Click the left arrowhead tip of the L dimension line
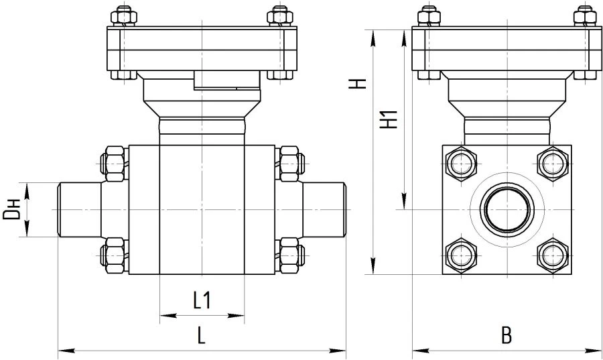coord(58,351)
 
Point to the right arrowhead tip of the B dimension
coord(602,351)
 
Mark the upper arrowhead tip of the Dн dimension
coord(27,184)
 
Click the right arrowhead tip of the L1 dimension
coord(244,316)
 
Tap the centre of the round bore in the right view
coord(507,210)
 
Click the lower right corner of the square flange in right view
coord(572,274)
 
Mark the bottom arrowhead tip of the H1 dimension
coord(404,209)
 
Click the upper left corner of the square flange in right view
coord(443,145)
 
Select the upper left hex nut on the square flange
coord(461,164)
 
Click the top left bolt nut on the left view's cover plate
coord(124,16)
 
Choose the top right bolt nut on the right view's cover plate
coord(585,16)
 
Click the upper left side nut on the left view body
coord(114,164)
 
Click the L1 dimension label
coord(202,300)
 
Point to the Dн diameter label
coord(11,210)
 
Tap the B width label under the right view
coord(507,335)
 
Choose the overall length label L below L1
coord(201,335)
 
